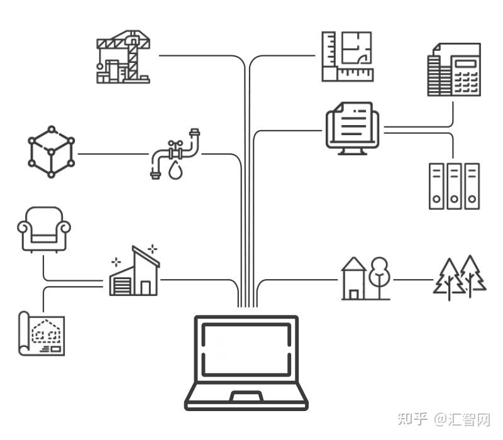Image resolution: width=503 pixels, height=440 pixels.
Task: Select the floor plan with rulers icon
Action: click(x=347, y=57)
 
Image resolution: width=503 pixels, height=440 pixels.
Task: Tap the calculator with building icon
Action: click(x=454, y=70)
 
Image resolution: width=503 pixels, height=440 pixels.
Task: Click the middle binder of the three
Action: click(x=454, y=186)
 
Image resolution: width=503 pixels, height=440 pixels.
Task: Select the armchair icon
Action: click(x=44, y=229)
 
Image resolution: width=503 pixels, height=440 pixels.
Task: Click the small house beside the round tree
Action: click(x=353, y=280)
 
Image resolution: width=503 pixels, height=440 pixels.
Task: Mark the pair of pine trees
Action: click(x=461, y=277)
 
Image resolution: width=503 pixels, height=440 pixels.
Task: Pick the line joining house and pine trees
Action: click(x=412, y=280)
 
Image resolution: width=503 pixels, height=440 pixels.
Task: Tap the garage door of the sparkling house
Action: click(x=120, y=286)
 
